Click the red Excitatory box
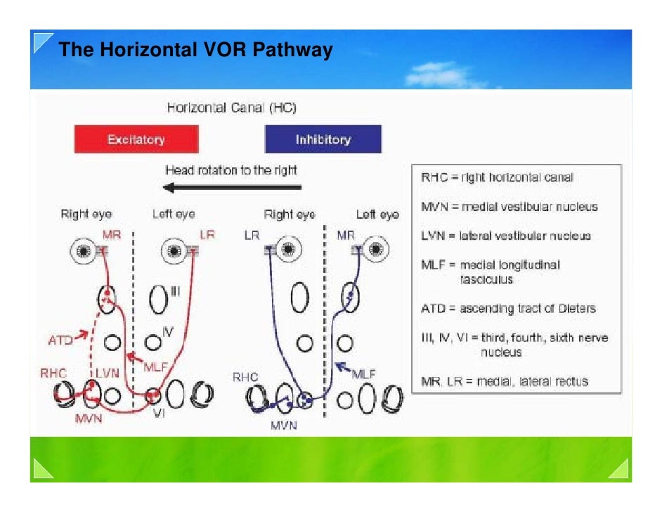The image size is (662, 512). click(136, 139)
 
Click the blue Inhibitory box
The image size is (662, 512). click(323, 139)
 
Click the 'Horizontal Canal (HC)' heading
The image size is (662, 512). click(232, 108)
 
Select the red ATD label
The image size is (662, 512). click(60, 340)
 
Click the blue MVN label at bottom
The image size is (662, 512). click(283, 425)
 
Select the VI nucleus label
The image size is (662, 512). click(160, 414)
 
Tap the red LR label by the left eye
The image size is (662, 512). click(207, 234)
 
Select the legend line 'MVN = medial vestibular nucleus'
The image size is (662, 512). click(509, 207)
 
